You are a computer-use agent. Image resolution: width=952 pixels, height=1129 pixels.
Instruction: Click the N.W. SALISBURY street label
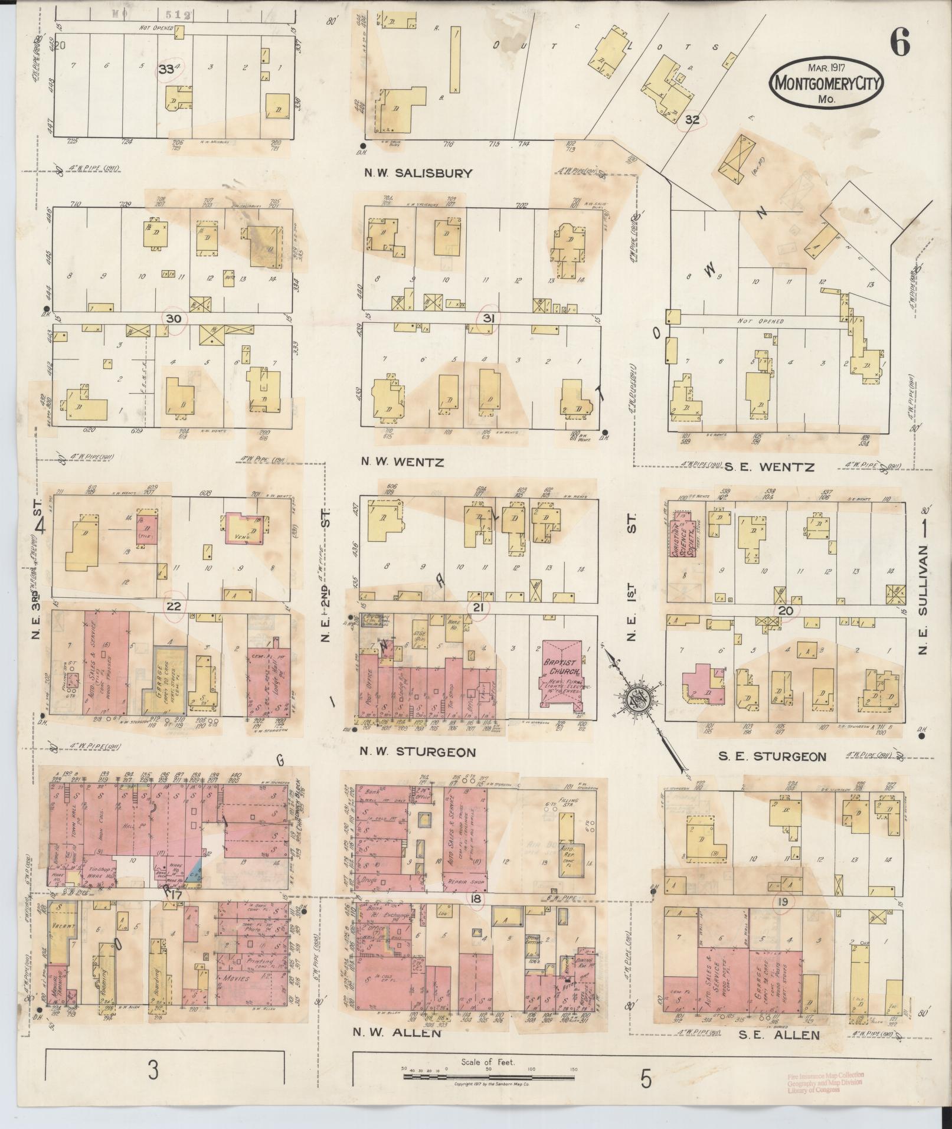point(417,173)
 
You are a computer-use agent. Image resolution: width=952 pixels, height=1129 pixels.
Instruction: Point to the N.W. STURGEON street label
point(418,752)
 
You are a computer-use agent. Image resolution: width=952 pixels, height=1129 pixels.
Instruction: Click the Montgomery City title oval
point(827,83)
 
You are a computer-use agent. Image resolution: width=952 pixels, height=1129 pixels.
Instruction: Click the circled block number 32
point(692,120)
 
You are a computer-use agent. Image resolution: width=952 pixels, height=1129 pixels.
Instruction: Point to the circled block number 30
point(173,318)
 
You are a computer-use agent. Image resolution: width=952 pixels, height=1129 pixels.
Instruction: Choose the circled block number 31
point(488,318)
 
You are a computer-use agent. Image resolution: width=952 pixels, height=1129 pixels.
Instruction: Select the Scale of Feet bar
point(488,1078)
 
